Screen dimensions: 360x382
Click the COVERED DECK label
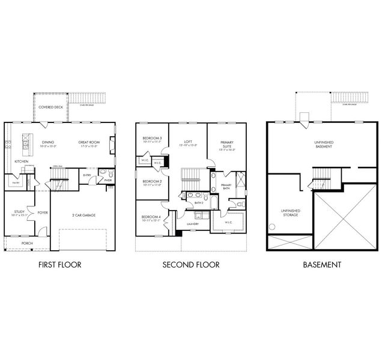click(x=50, y=107)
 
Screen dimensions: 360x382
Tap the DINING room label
click(x=47, y=143)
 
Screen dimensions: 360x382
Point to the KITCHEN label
click(x=22, y=161)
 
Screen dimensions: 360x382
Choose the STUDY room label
click(x=19, y=211)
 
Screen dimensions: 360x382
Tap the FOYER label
click(x=43, y=212)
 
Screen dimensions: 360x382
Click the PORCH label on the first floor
click(x=28, y=243)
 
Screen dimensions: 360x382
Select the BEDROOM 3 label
click(x=152, y=138)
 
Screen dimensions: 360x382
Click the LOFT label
click(x=187, y=142)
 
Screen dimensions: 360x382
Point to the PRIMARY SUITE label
click(x=226, y=144)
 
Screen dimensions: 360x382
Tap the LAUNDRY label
click(x=193, y=224)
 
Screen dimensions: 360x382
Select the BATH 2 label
click(x=199, y=203)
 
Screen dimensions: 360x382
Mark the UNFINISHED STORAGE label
click(x=290, y=212)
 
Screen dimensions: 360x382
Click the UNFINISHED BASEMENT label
click(x=324, y=144)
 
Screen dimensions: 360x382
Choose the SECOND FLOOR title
click(x=191, y=264)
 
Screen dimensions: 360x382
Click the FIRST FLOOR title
click(x=59, y=264)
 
